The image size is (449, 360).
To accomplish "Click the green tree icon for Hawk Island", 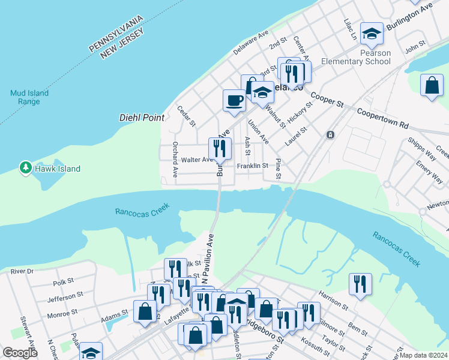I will (25, 168).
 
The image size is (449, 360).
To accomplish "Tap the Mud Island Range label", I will (29, 97).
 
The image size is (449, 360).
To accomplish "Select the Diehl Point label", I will (142, 118).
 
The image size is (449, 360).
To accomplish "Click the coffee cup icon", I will (234, 100).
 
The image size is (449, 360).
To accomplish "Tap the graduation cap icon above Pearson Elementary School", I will (372, 33).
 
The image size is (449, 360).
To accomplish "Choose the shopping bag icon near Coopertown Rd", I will (432, 85).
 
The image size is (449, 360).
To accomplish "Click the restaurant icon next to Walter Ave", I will (220, 148).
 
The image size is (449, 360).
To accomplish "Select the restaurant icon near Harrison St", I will (360, 284).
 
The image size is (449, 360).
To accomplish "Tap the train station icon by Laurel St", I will (330, 135).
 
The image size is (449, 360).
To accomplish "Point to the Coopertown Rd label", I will (382, 119).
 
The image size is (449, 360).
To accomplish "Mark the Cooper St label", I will (327, 100).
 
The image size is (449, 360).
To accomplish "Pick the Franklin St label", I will (252, 166).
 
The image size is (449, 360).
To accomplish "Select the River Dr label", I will (22, 271).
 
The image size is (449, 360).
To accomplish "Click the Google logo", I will (20, 353).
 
